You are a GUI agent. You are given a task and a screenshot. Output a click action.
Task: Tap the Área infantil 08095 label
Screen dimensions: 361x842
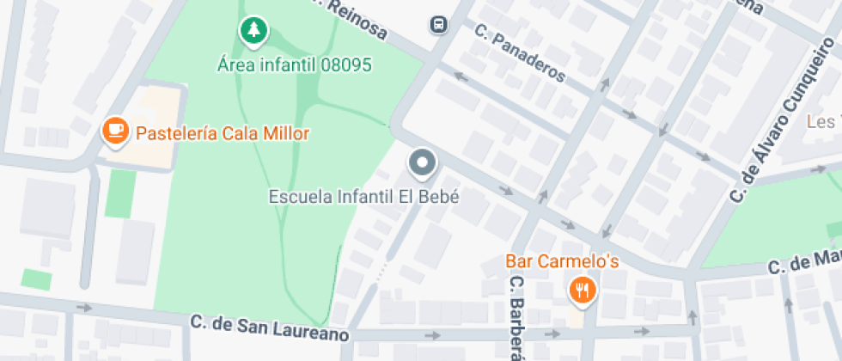point(294,64)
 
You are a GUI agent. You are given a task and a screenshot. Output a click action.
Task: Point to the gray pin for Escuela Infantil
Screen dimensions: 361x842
point(421,162)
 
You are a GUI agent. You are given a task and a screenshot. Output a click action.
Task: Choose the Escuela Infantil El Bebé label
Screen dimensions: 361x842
point(364,196)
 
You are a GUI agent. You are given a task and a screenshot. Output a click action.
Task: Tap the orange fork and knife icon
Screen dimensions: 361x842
point(582,290)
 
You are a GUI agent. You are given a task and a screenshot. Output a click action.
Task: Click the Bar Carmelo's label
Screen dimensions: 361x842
point(562,260)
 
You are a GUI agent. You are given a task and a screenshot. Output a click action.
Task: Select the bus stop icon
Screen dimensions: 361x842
point(439,24)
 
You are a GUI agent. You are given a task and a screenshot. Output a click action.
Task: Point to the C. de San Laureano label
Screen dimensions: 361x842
point(270,327)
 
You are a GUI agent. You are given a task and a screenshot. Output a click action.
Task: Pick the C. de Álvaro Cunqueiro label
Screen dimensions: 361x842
point(777,121)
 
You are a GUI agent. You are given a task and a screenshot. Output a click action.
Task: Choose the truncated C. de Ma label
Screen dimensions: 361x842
point(804,261)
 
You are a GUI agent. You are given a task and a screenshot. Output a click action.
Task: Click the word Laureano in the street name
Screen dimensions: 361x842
point(310,332)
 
